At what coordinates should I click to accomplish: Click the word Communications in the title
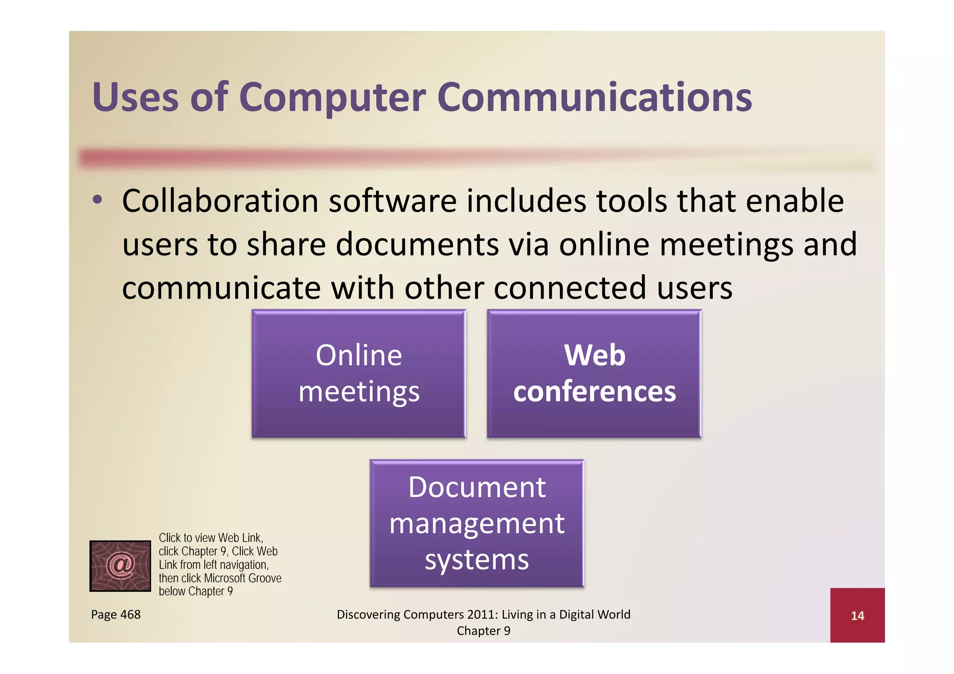click(x=594, y=98)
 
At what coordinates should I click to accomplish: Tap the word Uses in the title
click(x=135, y=98)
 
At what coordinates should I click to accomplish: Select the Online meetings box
click(x=359, y=374)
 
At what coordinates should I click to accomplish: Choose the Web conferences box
click(x=594, y=374)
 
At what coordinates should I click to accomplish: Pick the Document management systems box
click(x=477, y=523)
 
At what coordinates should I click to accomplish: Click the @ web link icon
click(x=120, y=566)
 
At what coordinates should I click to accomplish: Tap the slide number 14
click(x=857, y=616)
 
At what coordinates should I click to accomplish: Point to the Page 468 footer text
click(x=116, y=614)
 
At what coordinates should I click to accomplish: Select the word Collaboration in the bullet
click(x=220, y=201)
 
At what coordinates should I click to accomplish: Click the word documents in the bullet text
click(x=417, y=245)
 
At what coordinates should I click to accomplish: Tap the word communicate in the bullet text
click(x=221, y=288)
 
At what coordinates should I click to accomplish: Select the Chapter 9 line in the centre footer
click(x=484, y=631)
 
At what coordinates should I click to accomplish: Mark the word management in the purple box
click(x=477, y=523)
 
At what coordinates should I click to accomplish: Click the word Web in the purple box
click(x=594, y=355)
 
